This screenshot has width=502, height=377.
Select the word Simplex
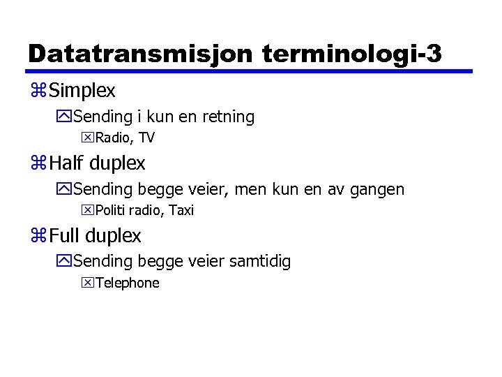coord(83,91)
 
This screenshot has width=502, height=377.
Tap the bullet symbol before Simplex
coord(39,91)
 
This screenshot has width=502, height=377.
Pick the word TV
coord(146,138)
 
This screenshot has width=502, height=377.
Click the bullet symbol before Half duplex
coord(39,164)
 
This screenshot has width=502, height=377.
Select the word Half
coord(66,163)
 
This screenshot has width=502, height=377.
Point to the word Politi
coord(112,210)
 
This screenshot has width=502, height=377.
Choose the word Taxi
coord(181,210)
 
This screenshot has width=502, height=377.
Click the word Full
coord(63,236)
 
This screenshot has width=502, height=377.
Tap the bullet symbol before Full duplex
coord(39,237)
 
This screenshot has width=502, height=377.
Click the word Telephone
coord(127,283)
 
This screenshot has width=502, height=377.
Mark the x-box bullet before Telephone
coord(88,283)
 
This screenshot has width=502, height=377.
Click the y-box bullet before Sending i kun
coord(65,117)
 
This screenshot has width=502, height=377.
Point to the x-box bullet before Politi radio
coord(88,210)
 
